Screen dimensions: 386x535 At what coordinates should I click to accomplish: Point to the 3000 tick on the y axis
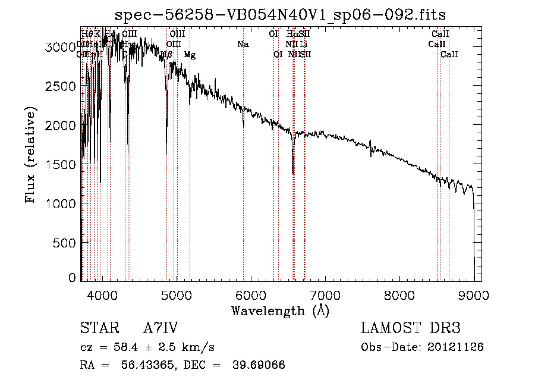pos(60,47)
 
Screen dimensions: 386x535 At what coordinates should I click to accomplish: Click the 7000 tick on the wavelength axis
pos(325,294)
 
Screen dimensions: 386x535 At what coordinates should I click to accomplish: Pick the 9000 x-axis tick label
pos(474,294)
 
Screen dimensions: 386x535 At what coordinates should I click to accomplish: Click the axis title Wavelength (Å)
pos(280,310)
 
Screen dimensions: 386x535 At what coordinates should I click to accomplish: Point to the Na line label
pos(243,45)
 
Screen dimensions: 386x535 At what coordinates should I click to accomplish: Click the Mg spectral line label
pos(189,55)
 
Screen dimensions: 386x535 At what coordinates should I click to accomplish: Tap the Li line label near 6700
pos(303,45)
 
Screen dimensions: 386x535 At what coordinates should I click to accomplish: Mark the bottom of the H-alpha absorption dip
pos(293,173)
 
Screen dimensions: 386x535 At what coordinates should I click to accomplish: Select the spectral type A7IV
pos(160,328)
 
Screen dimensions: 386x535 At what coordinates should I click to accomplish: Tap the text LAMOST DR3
pos(411,328)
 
